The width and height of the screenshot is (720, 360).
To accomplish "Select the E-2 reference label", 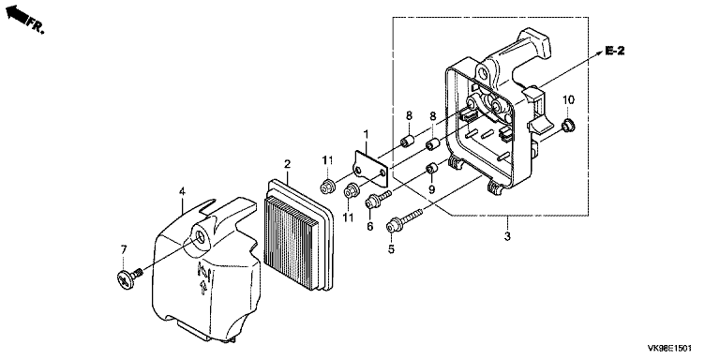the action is point(614,51).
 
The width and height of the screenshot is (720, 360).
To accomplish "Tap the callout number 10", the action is point(568,99).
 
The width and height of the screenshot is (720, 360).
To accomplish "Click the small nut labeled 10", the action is point(568,125).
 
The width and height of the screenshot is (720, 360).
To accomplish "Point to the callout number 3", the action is point(507,237).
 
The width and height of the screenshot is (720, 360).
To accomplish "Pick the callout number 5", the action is point(391,249).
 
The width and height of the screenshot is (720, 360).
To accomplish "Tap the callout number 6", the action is point(369,226).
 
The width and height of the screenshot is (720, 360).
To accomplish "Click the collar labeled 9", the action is point(432,169).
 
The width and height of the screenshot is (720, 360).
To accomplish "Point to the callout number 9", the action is point(431,189).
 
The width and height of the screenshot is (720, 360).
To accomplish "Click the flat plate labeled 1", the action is point(370,169).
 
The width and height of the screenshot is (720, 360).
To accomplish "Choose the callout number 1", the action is point(366,134).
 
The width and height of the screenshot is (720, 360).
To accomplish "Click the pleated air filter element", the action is point(297,235).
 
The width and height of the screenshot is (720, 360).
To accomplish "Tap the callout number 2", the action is point(288,163).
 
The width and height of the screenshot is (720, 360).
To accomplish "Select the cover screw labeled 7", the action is point(128,278).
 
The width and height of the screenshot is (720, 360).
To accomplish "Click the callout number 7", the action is point(124,249).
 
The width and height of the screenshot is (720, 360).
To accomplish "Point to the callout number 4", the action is point(182,190).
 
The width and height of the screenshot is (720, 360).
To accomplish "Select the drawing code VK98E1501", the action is point(669,349).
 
